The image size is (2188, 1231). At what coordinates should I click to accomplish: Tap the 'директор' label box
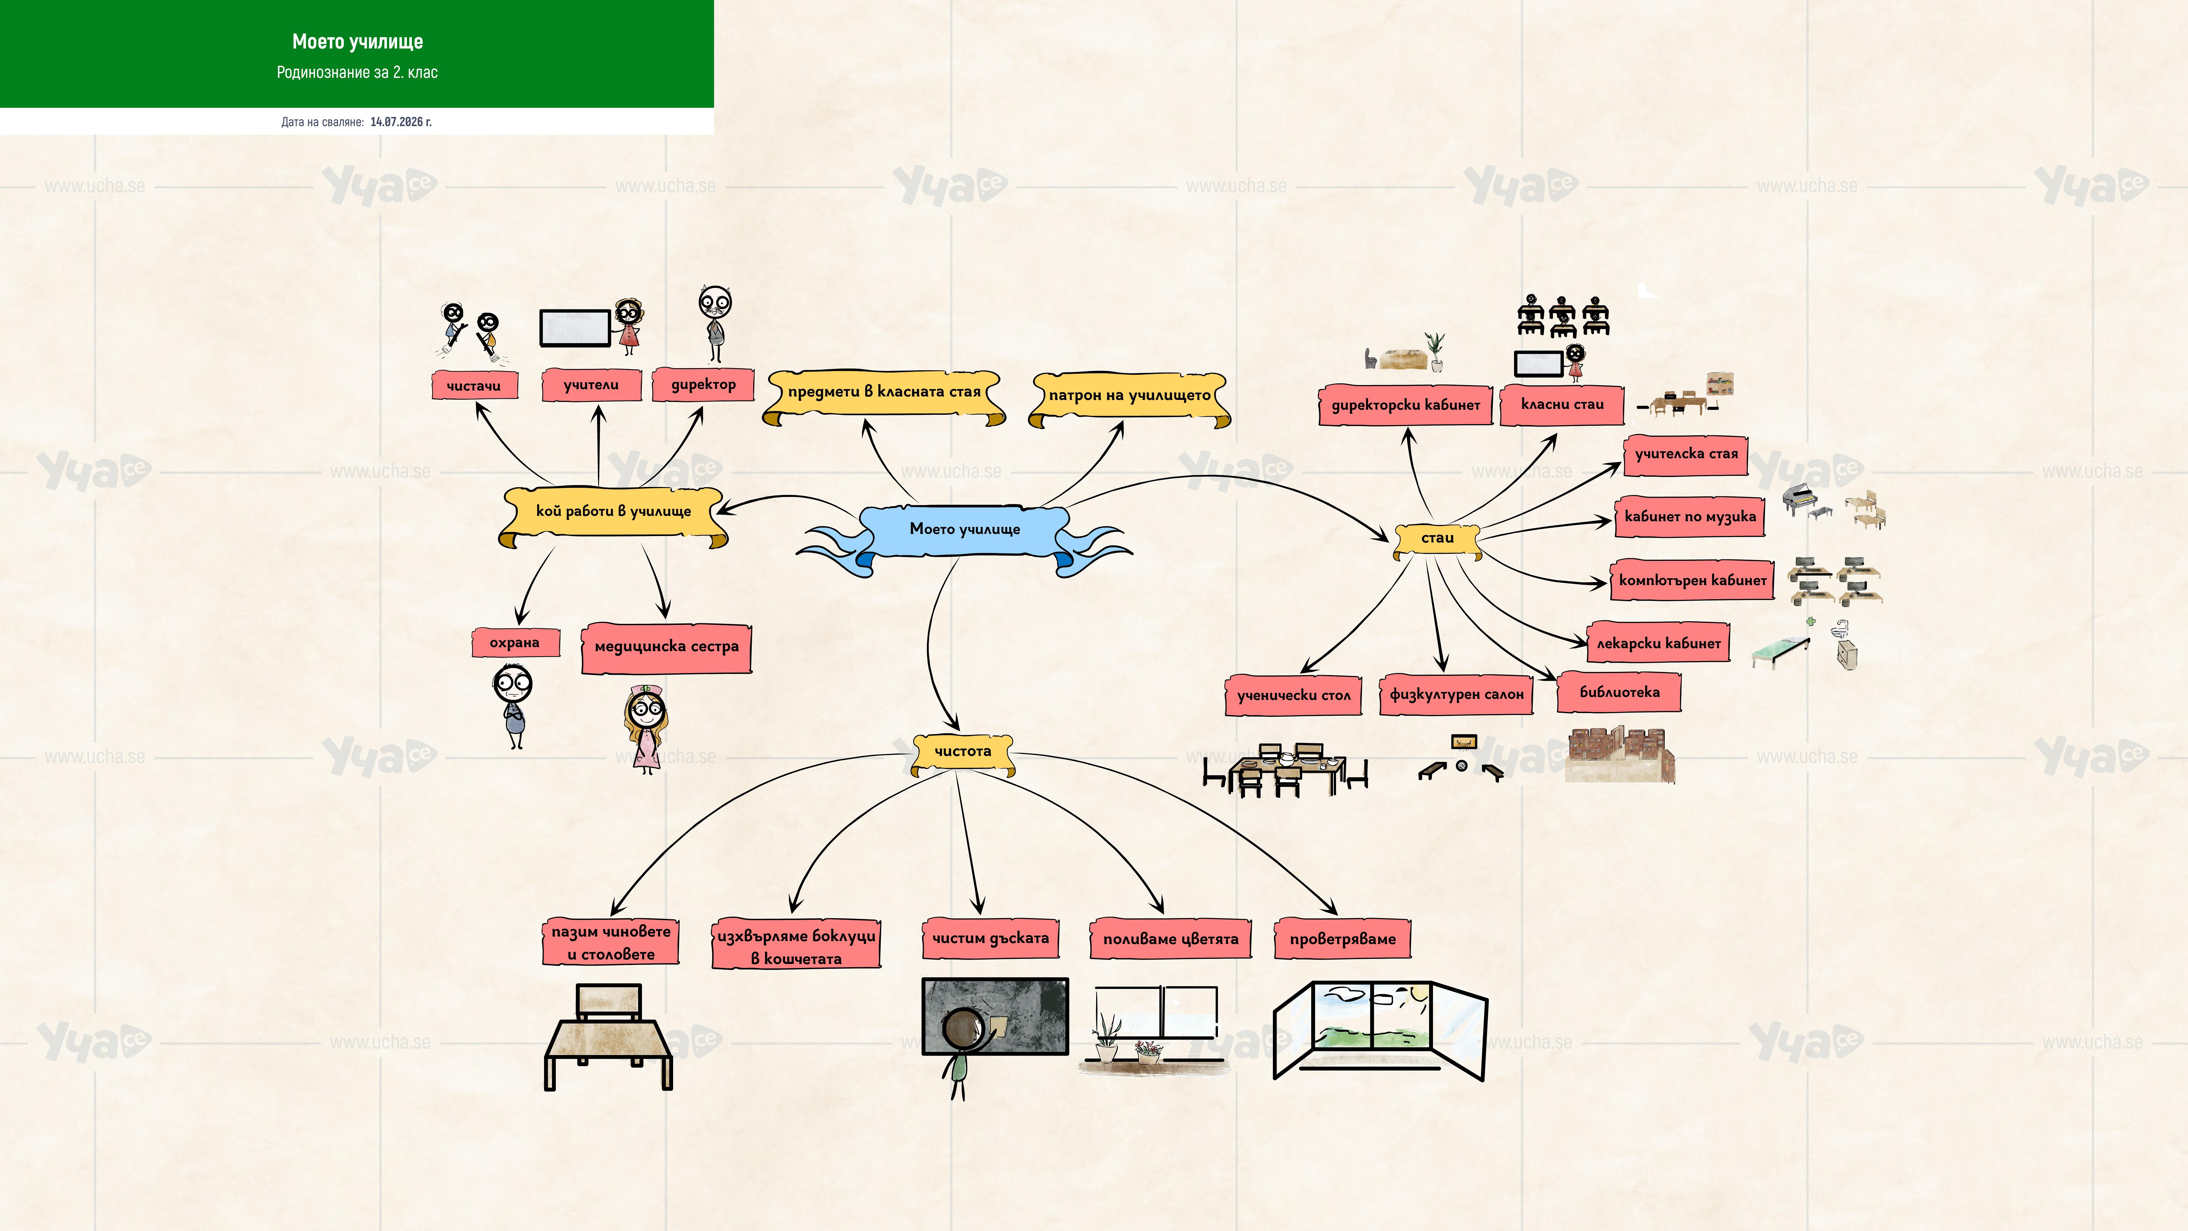tap(703, 384)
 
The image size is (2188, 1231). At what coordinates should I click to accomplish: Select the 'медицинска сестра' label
tap(667, 647)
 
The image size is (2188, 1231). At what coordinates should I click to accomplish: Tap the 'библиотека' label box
tap(1619, 692)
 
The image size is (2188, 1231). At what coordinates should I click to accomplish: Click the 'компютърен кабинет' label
tap(1692, 580)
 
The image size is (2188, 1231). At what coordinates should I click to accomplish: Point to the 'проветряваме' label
tap(1342, 939)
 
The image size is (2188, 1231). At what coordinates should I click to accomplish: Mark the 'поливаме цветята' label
tap(1171, 939)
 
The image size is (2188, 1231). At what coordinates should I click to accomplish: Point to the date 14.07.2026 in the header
tap(401, 122)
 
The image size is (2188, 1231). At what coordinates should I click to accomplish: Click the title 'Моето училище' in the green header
tap(358, 42)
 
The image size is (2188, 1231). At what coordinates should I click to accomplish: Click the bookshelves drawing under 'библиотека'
tap(1620, 754)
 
